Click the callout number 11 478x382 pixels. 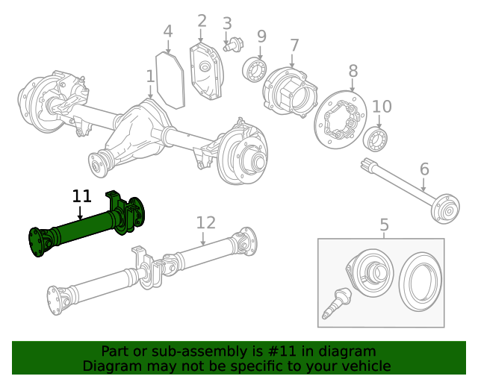coord(81,196)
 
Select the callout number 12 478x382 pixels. coord(205,222)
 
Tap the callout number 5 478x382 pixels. coord(384,224)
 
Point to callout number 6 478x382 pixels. coord(424,169)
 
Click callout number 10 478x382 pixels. coord(382,107)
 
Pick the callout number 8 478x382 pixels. coord(353,72)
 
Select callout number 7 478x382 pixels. coord(294,45)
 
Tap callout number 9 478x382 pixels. coord(261,36)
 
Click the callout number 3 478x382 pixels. coord(227,24)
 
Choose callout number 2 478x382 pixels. coord(202,20)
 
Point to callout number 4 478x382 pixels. coord(167,31)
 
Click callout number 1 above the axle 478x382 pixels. coord(150,76)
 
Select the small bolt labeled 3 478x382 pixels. coord(232,44)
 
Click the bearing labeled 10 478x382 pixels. coord(375,139)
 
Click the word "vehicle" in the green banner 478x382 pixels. coord(364,366)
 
